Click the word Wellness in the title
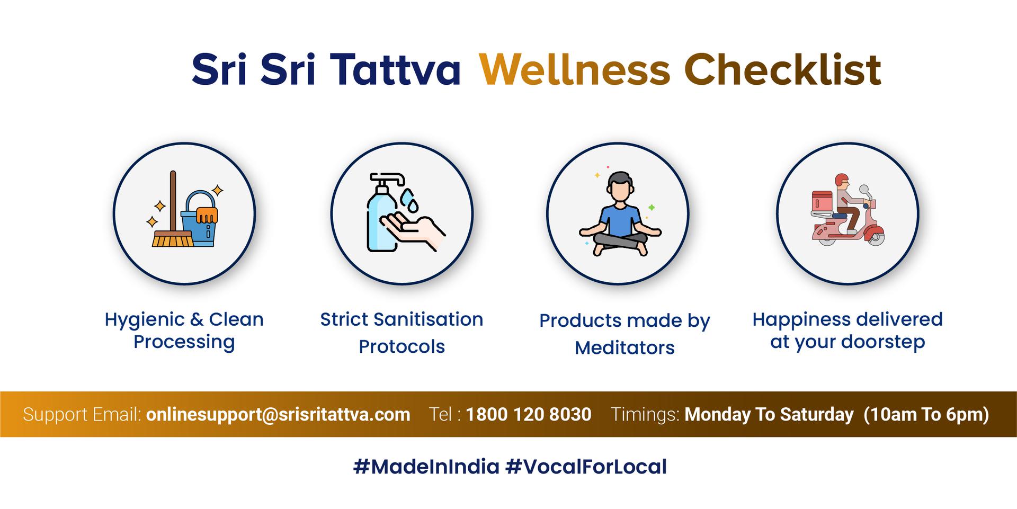pos(575,69)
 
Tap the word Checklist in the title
pos(783,69)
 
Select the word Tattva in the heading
pos(395,69)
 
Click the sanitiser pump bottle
pos(382,212)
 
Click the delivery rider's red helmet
pos(841,180)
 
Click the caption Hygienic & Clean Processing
pos(184,331)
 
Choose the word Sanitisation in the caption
pos(428,319)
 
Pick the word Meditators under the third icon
pos(625,348)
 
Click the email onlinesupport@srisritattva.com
pos(278,414)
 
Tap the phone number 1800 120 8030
pos(529,414)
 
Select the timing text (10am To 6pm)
pos(926,414)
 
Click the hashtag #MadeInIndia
pos(426,467)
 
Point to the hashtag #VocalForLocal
pos(586,467)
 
